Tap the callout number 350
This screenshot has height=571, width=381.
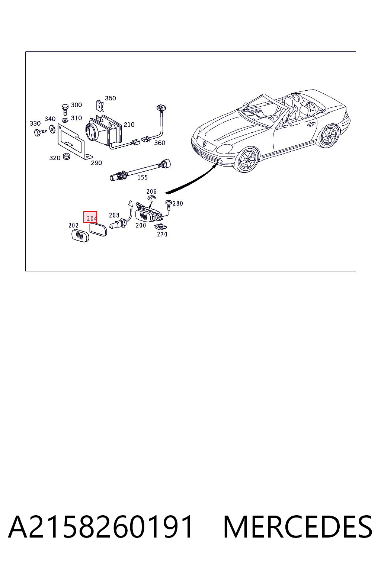coord(111,98)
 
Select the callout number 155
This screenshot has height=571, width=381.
coord(143,177)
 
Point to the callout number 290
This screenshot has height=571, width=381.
coord(96,162)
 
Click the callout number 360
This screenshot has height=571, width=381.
coord(160,143)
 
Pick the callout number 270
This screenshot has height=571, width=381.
coord(162,234)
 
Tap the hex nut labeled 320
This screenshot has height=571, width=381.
coord(67,156)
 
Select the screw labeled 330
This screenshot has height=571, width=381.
coord(40,132)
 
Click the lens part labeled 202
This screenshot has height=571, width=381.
coord(80,236)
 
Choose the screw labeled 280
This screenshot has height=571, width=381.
coord(169,205)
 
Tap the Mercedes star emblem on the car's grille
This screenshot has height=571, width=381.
coord(204,144)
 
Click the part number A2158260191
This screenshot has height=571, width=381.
coord(100,527)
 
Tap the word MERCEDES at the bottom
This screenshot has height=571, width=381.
coord(298,527)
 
